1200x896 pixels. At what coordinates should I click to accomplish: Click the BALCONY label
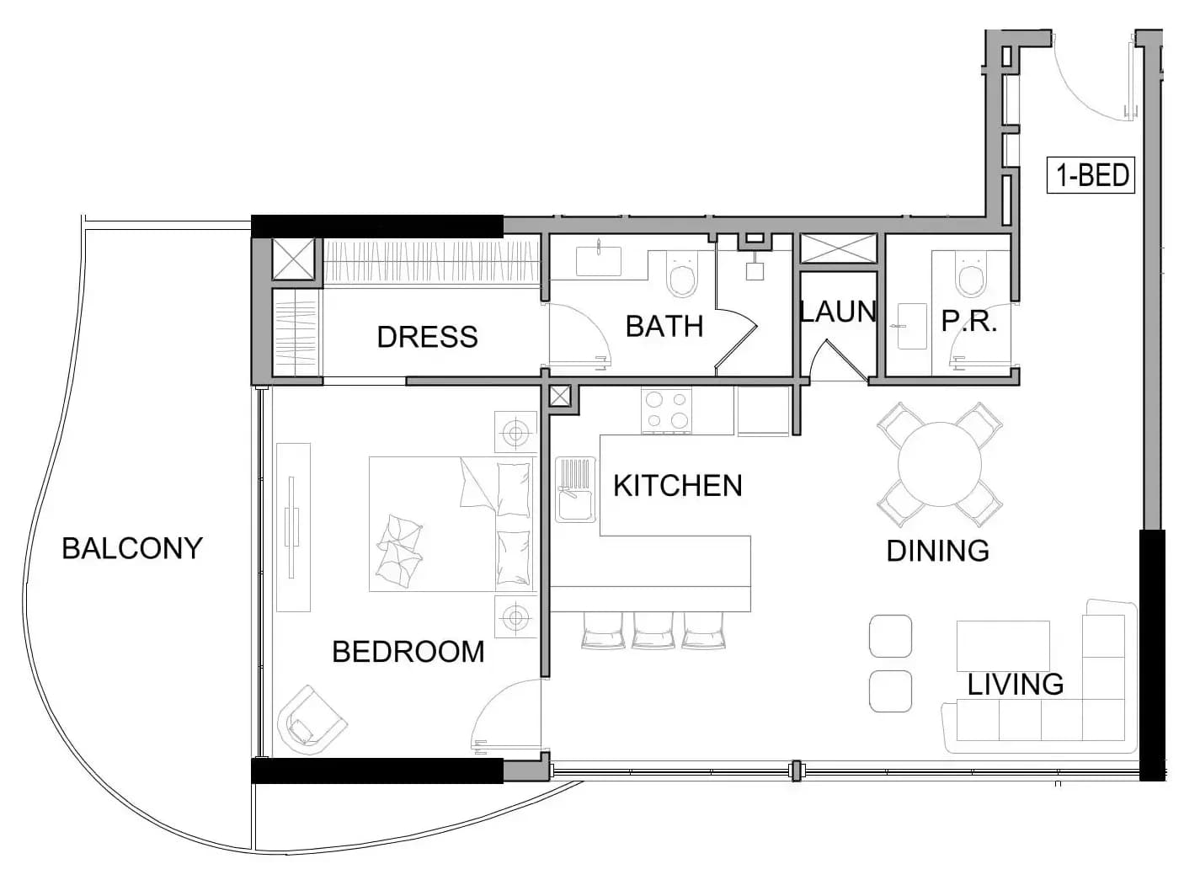[131, 548]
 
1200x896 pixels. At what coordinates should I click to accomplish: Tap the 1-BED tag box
[1091, 175]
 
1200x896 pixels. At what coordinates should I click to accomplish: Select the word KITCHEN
[677, 485]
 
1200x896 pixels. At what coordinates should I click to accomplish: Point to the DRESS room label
[427, 337]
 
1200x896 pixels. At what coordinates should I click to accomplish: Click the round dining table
[939, 464]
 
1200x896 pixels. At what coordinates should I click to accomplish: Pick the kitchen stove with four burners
[666, 411]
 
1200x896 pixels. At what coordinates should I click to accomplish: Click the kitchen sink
[575, 489]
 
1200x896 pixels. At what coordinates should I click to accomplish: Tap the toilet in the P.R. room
[970, 275]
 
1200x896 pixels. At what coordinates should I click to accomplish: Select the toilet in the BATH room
[682, 275]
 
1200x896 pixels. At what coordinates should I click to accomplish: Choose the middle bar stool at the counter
[653, 631]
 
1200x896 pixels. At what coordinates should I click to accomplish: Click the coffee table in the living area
[1003, 646]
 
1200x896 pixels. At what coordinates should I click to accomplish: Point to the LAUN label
[838, 312]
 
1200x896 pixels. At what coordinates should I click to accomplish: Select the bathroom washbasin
[599, 261]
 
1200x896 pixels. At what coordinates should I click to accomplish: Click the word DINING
[937, 551]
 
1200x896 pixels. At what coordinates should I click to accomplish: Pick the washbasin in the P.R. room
[913, 327]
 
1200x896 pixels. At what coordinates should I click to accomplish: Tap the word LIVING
[1016, 685]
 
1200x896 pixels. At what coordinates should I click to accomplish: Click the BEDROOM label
[408, 652]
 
